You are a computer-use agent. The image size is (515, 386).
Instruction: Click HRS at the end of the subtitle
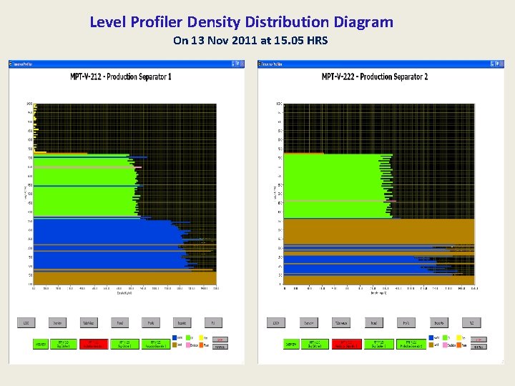pos(316,41)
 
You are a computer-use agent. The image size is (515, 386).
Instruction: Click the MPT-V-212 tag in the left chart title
pos(90,76)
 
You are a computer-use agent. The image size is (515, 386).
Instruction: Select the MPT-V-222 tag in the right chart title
pos(343,76)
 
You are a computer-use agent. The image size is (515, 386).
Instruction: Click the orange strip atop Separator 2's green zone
pos(301,153)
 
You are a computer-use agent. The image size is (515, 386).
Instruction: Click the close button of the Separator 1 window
pos(240,64)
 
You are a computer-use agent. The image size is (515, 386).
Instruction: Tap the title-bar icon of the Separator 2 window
pos(261,64)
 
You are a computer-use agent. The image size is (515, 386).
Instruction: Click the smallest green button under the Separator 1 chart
pos(42,345)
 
